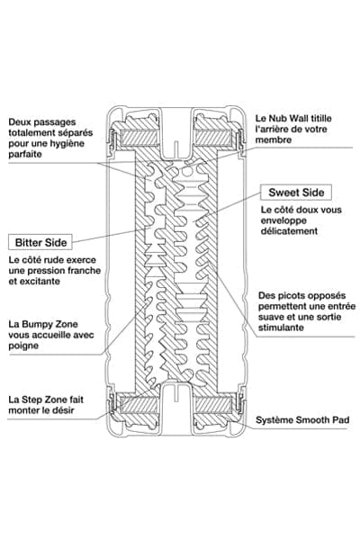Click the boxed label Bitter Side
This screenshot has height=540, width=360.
click(40, 242)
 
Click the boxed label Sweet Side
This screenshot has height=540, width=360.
click(296, 193)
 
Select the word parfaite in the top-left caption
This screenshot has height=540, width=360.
click(25, 154)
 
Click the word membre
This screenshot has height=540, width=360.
click(274, 139)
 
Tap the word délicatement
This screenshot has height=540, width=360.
click(289, 231)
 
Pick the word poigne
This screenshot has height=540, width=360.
click(23, 346)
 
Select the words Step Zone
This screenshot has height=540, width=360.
click(44, 400)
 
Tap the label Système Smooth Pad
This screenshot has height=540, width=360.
click(302, 420)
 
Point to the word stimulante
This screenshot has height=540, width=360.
click(281, 328)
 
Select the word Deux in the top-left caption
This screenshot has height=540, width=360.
click(19, 121)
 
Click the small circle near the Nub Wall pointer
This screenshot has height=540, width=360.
click(185, 171)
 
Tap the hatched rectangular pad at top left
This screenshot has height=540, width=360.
click(139, 137)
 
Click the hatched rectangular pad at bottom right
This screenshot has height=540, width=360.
click(213, 405)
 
